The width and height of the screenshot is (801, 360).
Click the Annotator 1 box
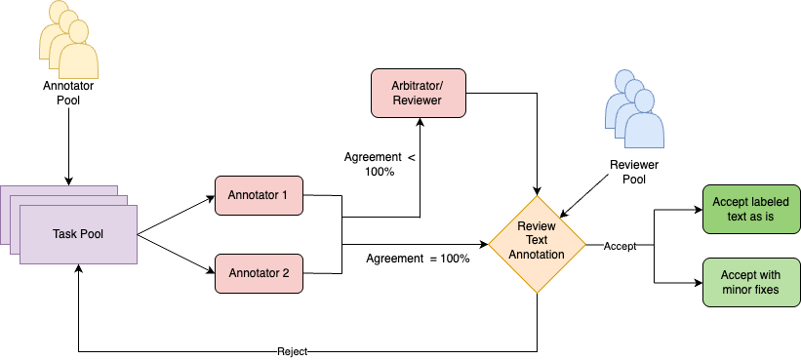[258, 195]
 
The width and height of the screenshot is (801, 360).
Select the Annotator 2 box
[258, 273]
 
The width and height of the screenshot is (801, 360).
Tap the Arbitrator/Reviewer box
[419, 93]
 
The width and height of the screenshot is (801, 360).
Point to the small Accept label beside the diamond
[620, 247]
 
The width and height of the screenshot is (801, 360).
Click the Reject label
[292, 351]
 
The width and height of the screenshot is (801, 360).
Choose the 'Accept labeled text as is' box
[749, 209]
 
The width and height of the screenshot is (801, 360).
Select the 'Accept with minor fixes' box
[749, 283]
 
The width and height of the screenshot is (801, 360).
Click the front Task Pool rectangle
[78, 234]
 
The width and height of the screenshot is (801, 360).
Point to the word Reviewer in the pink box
[419, 100]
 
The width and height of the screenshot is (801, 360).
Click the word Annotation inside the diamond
[537, 255]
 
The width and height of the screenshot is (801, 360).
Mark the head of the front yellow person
[79, 35]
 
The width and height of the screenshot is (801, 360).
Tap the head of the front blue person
[645, 104]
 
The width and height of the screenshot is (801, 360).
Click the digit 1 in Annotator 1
[284, 195]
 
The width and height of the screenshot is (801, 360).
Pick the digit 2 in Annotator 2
[285, 273]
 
